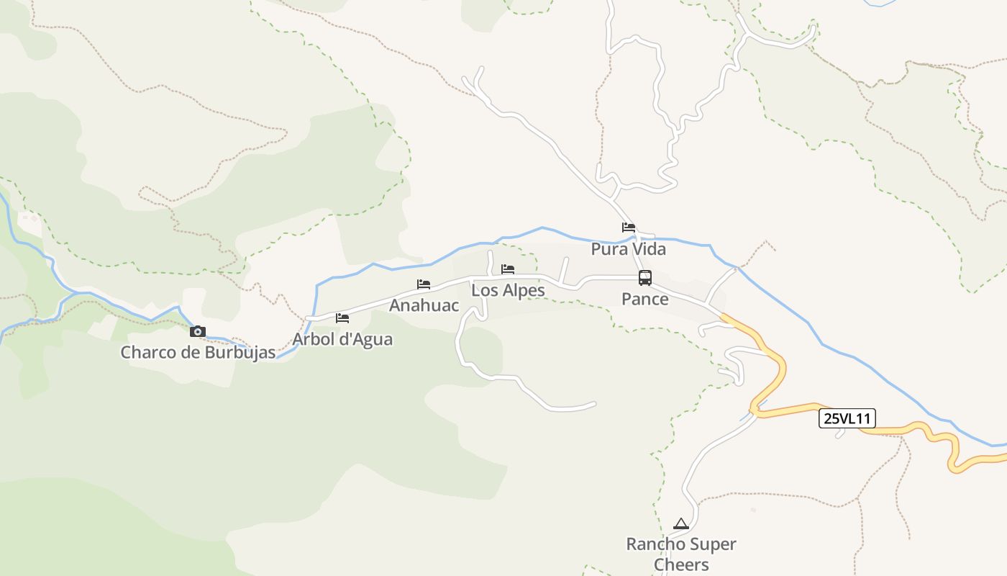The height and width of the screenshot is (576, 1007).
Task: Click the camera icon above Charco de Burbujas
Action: pyautogui.click(x=197, y=332)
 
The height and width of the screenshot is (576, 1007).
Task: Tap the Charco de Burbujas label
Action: pyautogui.click(x=198, y=353)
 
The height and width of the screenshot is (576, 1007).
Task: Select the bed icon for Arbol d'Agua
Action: pyautogui.click(x=342, y=318)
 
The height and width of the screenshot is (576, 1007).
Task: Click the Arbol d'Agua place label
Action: pyautogui.click(x=342, y=338)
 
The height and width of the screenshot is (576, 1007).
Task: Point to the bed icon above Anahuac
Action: pyautogui.click(x=424, y=284)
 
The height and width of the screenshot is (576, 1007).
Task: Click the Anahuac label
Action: pyautogui.click(x=424, y=305)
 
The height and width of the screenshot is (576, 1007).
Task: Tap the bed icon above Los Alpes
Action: pyautogui.click(x=508, y=269)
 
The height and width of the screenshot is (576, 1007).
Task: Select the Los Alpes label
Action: pyautogui.click(x=508, y=291)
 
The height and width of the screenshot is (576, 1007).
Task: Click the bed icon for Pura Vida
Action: pyautogui.click(x=629, y=228)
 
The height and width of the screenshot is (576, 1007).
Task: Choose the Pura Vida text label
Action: pyautogui.click(x=629, y=249)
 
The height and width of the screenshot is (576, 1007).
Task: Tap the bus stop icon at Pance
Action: pyautogui.click(x=645, y=278)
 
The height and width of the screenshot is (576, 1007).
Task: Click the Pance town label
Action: pyautogui.click(x=645, y=299)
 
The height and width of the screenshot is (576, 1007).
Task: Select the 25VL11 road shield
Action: pyautogui.click(x=847, y=418)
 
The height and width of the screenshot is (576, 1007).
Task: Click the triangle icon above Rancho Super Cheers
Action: pyautogui.click(x=680, y=523)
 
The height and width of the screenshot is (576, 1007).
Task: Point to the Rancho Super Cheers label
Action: pyautogui.click(x=681, y=554)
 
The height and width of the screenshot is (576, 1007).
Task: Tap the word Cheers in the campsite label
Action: pyautogui.click(x=681, y=564)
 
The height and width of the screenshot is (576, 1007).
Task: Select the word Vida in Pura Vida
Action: pyautogui.click(x=650, y=249)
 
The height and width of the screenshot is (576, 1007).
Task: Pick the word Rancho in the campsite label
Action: pyautogui.click(x=653, y=544)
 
